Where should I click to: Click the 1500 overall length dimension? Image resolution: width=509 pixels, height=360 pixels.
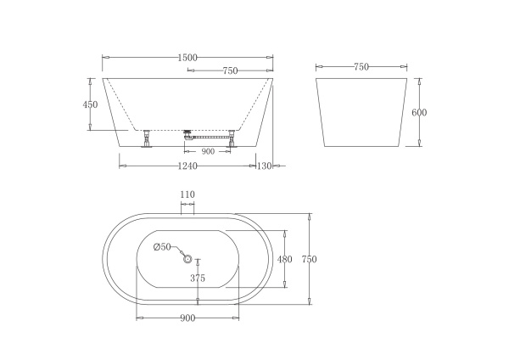click(187, 57)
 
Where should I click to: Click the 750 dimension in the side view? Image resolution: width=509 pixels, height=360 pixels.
click(229, 71)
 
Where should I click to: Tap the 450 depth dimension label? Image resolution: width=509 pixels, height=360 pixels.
click(91, 104)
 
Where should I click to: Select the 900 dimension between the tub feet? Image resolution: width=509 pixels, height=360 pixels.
click(209, 151)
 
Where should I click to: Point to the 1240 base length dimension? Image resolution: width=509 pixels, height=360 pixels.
click(187, 166)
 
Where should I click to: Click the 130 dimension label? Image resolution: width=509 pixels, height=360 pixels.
click(264, 166)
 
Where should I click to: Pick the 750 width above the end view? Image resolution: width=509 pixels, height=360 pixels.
click(361, 66)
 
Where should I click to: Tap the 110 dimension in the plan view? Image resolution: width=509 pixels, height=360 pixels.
click(187, 194)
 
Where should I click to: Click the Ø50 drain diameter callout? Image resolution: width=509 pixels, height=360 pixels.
click(162, 247)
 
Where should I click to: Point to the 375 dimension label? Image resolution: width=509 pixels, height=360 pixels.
click(198, 278)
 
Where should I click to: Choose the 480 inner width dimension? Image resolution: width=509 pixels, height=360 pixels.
click(285, 259)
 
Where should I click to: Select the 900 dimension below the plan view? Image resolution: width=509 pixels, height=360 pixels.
click(187, 318)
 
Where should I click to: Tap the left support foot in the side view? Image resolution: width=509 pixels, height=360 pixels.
click(147, 137)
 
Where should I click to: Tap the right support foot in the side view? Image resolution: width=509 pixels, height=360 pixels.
click(230, 137)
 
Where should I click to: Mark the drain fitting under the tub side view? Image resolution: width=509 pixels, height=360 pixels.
click(188, 132)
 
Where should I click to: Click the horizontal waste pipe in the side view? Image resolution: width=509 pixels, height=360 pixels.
click(210, 135)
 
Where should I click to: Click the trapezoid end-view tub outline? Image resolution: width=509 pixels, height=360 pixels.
click(361, 115)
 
